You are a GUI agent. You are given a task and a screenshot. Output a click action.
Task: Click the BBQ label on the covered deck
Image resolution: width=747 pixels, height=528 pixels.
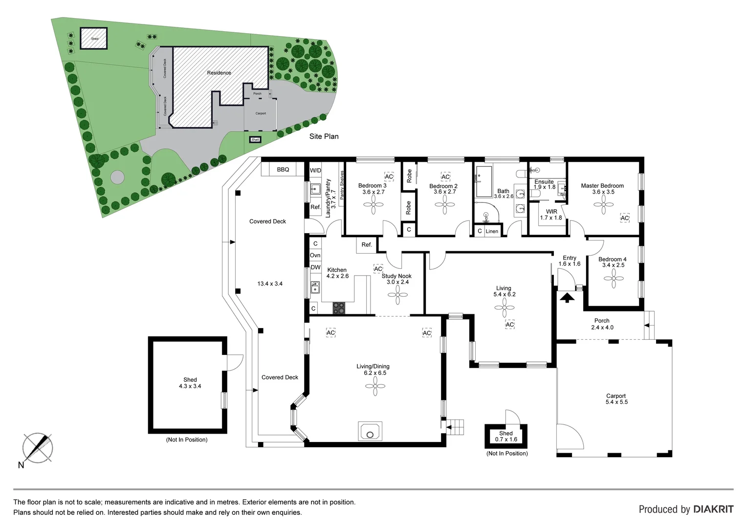click(283, 170)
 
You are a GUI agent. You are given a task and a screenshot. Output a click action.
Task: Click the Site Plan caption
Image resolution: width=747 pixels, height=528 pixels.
click(324, 136)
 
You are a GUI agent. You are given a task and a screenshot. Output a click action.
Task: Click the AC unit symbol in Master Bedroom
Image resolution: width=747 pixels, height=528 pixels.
click(624, 218)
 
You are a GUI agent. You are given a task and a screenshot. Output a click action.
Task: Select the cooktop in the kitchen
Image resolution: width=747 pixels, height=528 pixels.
click(339, 308)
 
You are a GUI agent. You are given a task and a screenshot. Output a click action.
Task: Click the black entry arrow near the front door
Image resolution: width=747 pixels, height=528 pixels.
click(567, 297)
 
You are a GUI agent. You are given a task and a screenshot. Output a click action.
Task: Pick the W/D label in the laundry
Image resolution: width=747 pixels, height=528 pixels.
click(316, 171)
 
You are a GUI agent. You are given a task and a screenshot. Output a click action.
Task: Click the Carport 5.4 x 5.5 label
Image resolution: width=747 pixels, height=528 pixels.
click(616, 399)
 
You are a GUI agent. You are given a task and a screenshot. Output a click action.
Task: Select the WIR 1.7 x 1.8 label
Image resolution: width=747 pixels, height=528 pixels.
click(551, 215)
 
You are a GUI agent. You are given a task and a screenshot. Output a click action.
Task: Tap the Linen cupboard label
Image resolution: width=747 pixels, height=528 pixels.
click(492, 231)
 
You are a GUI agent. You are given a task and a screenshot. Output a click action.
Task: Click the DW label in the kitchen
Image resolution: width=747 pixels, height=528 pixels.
click(315, 267)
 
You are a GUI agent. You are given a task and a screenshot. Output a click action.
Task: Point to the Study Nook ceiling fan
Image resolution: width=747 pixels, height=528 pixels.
click(397, 295)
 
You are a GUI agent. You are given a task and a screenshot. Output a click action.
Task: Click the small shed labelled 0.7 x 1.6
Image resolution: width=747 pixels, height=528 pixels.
click(505, 436)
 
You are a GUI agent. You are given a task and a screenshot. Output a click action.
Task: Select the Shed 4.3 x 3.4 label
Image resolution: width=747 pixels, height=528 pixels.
click(190, 383)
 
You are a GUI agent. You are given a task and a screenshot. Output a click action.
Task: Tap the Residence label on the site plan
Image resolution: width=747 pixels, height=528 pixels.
click(219, 73)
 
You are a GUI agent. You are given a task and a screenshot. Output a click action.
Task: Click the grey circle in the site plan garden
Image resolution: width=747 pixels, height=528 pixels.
click(117, 177)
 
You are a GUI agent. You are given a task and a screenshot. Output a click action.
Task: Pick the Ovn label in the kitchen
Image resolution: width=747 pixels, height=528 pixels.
click(315, 255)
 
